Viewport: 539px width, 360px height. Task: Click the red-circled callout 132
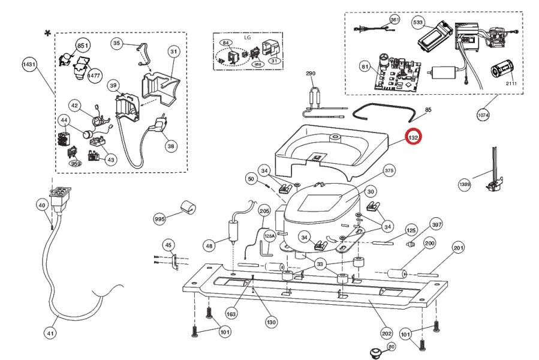[413, 138]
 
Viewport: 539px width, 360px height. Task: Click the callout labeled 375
[389, 171]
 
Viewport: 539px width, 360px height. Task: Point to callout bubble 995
[159, 220]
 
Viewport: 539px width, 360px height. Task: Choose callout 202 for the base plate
[387, 333]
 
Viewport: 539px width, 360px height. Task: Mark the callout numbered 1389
[465, 184]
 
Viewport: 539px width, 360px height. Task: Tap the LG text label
[247, 37]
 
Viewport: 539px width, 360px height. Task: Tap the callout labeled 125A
[269, 236]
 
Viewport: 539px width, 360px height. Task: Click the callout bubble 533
[418, 22]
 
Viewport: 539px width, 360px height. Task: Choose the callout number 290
[311, 73]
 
